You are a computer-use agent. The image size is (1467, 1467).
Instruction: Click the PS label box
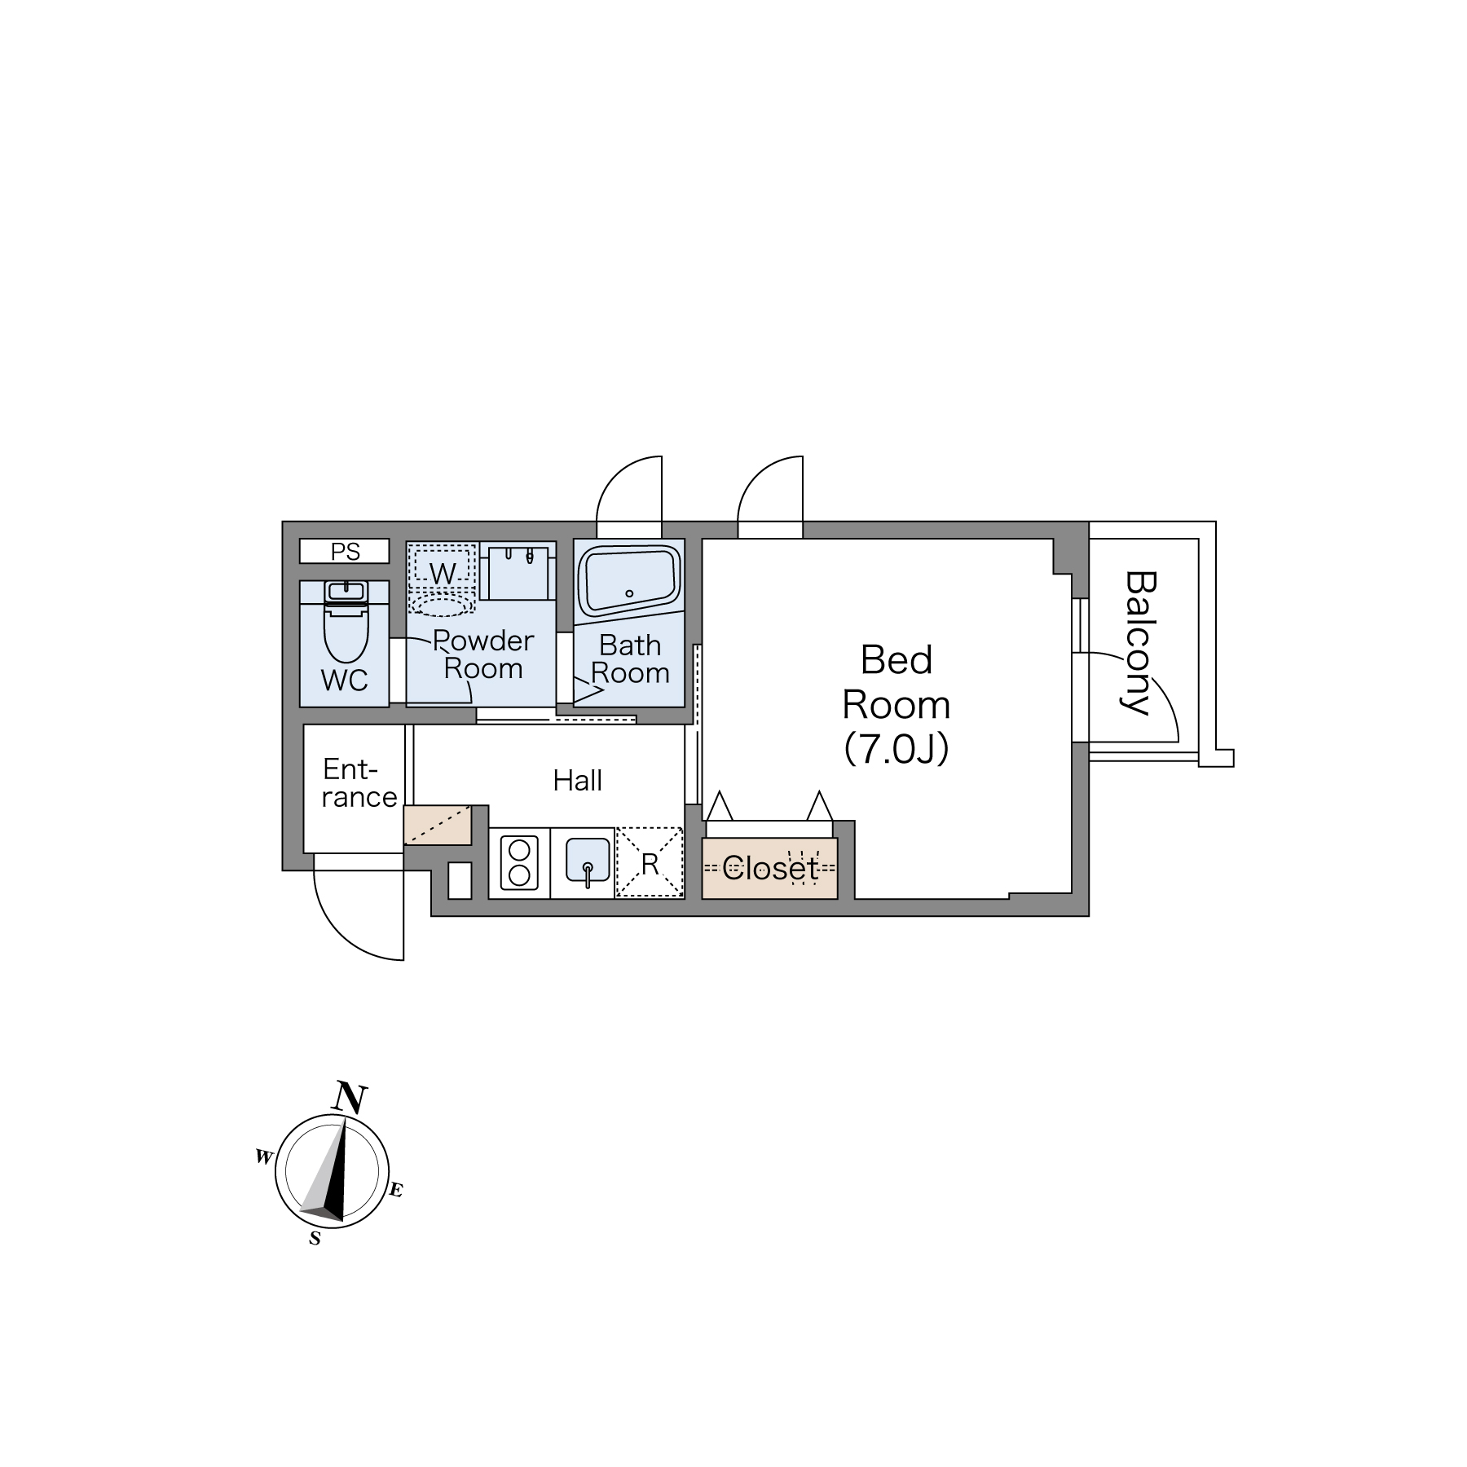pyautogui.click(x=345, y=552)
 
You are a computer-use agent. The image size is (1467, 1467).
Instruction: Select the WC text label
pyautogui.click(x=344, y=681)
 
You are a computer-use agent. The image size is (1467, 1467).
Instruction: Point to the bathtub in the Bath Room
pyautogui.click(x=628, y=579)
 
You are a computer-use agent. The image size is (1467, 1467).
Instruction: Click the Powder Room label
pyautogui.click(x=483, y=654)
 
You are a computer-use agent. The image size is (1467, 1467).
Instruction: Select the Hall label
pyautogui.click(x=577, y=781)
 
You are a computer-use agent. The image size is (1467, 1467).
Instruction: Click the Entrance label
pyautogui.click(x=359, y=783)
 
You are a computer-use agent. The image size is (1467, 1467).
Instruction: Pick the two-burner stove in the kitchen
pyautogui.click(x=519, y=864)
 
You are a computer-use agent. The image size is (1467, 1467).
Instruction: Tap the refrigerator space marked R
pyautogui.click(x=650, y=864)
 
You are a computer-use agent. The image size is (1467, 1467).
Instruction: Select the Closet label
pyautogui.click(x=769, y=869)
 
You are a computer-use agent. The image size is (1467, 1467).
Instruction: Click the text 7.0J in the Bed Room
pyautogui.click(x=896, y=749)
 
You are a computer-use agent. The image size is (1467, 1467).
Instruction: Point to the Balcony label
pyautogui.click(x=1140, y=642)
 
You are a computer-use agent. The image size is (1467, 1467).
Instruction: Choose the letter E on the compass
pyautogui.click(x=395, y=1191)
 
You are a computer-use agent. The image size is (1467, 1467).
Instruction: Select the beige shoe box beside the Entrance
pyautogui.click(x=438, y=825)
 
